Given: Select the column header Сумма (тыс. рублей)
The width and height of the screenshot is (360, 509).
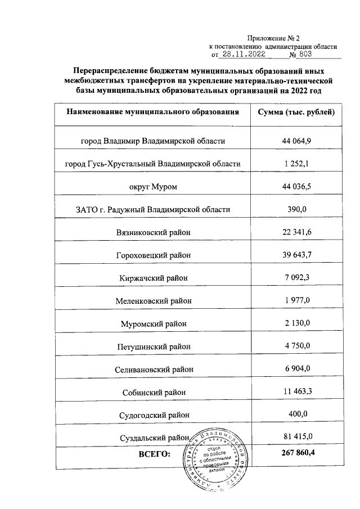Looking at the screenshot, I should click(296, 112).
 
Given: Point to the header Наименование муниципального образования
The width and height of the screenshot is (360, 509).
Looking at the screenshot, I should click(153, 112).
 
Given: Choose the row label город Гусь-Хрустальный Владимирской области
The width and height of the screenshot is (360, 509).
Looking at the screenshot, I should click(153, 164).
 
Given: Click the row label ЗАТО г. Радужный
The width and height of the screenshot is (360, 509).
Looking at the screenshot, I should click(153, 209).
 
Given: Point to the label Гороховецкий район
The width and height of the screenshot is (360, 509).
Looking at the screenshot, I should click(153, 255).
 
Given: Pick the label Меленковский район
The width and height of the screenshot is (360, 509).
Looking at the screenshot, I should click(153, 301).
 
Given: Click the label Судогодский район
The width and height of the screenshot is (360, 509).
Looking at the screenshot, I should click(153, 416).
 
